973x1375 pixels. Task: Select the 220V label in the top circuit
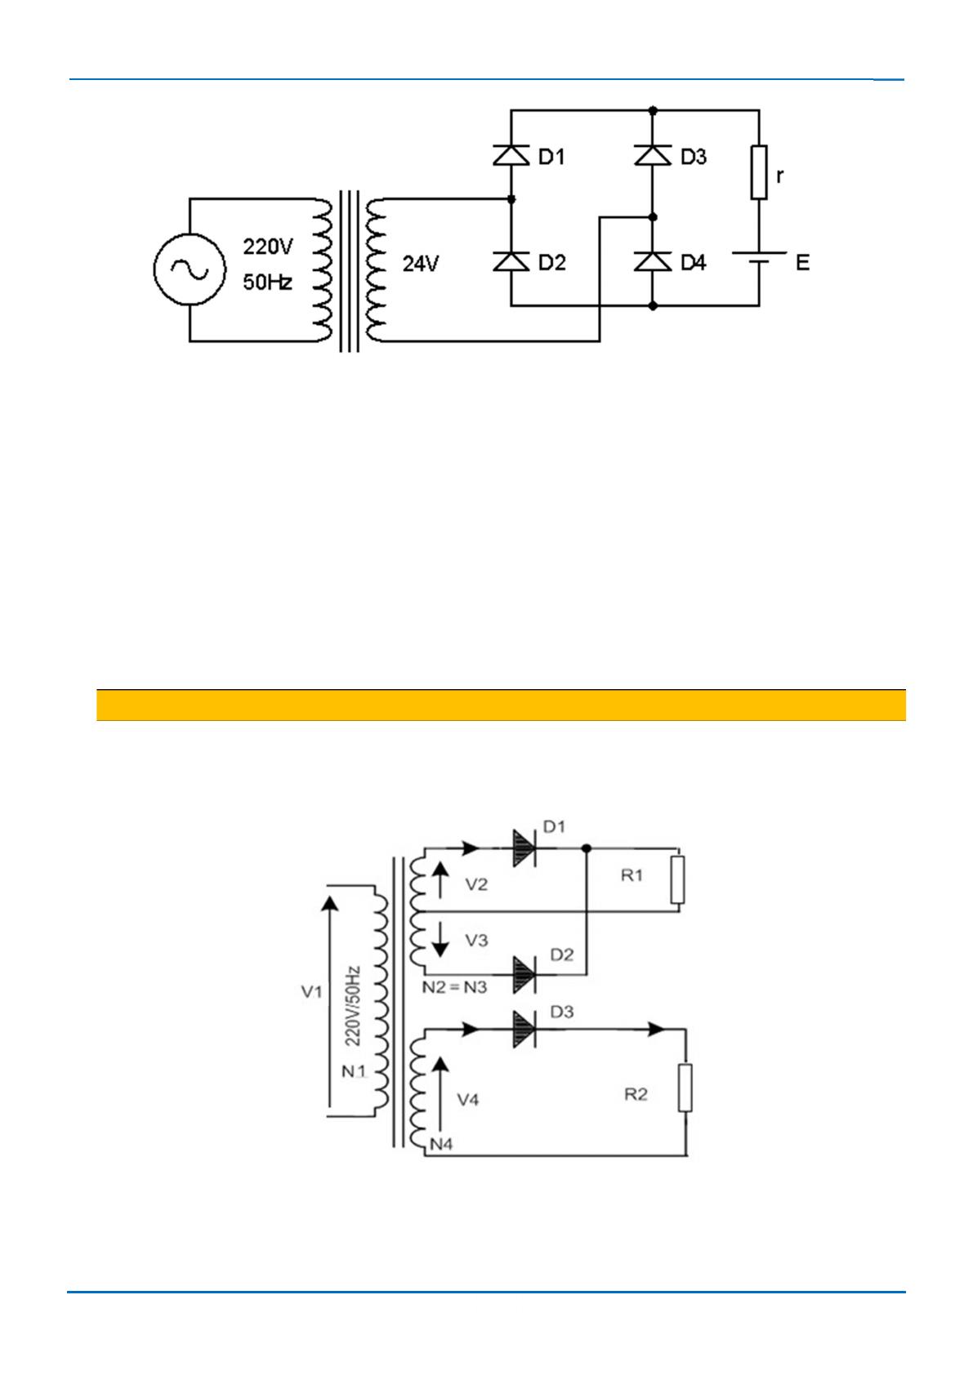click(x=267, y=246)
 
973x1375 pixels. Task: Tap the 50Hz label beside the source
click(x=267, y=283)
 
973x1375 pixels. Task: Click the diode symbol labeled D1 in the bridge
click(x=511, y=155)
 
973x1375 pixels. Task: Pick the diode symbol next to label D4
click(x=652, y=261)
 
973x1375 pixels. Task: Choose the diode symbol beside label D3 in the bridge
click(x=652, y=155)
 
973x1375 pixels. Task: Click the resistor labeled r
click(x=759, y=173)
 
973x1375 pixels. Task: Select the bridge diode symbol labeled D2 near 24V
click(x=511, y=261)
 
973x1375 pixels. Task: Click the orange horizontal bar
click(x=501, y=705)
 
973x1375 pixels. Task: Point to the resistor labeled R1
click(x=676, y=879)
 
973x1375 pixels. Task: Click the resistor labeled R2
click(x=685, y=1087)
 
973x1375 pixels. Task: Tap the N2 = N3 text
click(x=454, y=987)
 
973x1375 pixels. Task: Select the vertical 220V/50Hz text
click(x=352, y=1006)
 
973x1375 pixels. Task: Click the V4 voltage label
click(x=467, y=1100)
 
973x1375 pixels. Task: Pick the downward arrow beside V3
click(x=440, y=940)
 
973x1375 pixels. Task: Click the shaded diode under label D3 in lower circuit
click(x=523, y=1030)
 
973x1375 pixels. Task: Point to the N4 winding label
click(x=441, y=1144)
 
